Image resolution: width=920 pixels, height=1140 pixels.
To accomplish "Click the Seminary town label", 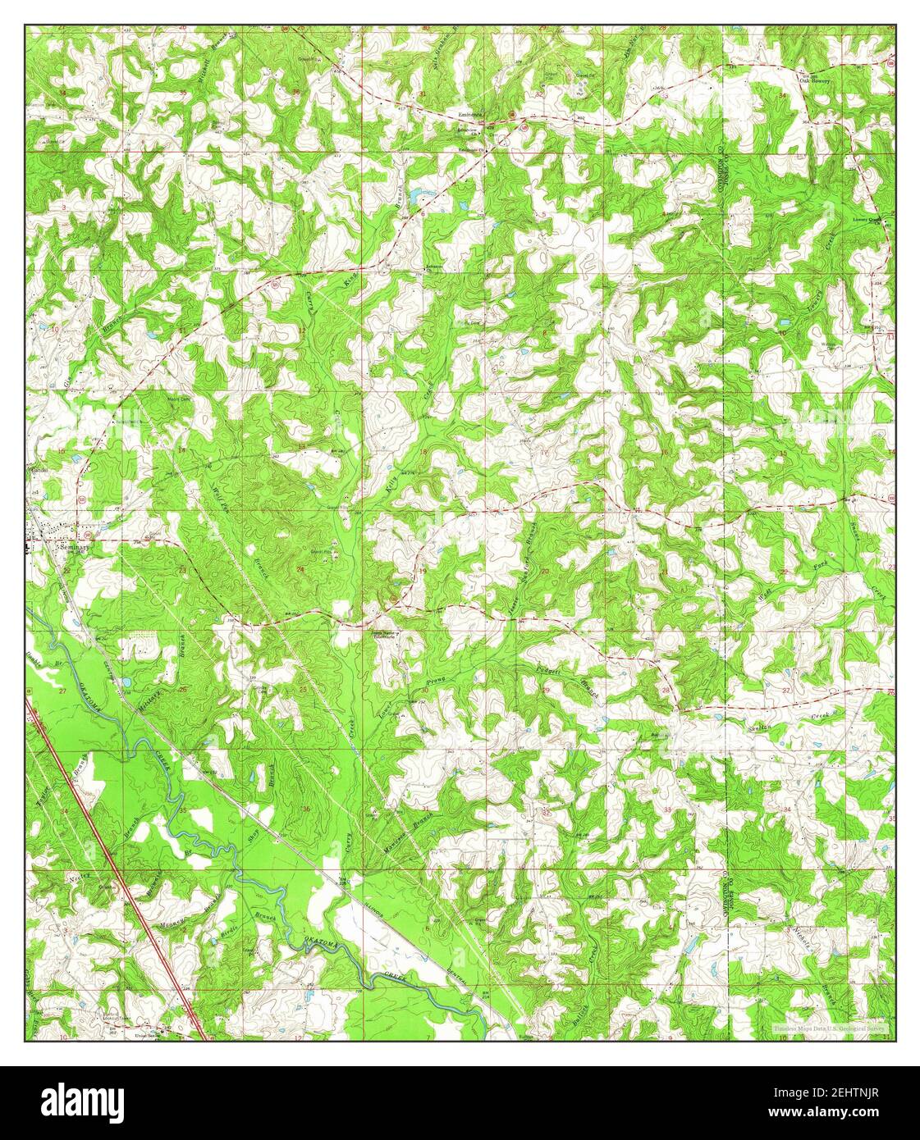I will (x=71, y=542).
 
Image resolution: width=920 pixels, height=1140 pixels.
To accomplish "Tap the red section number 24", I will (x=300, y=568).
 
